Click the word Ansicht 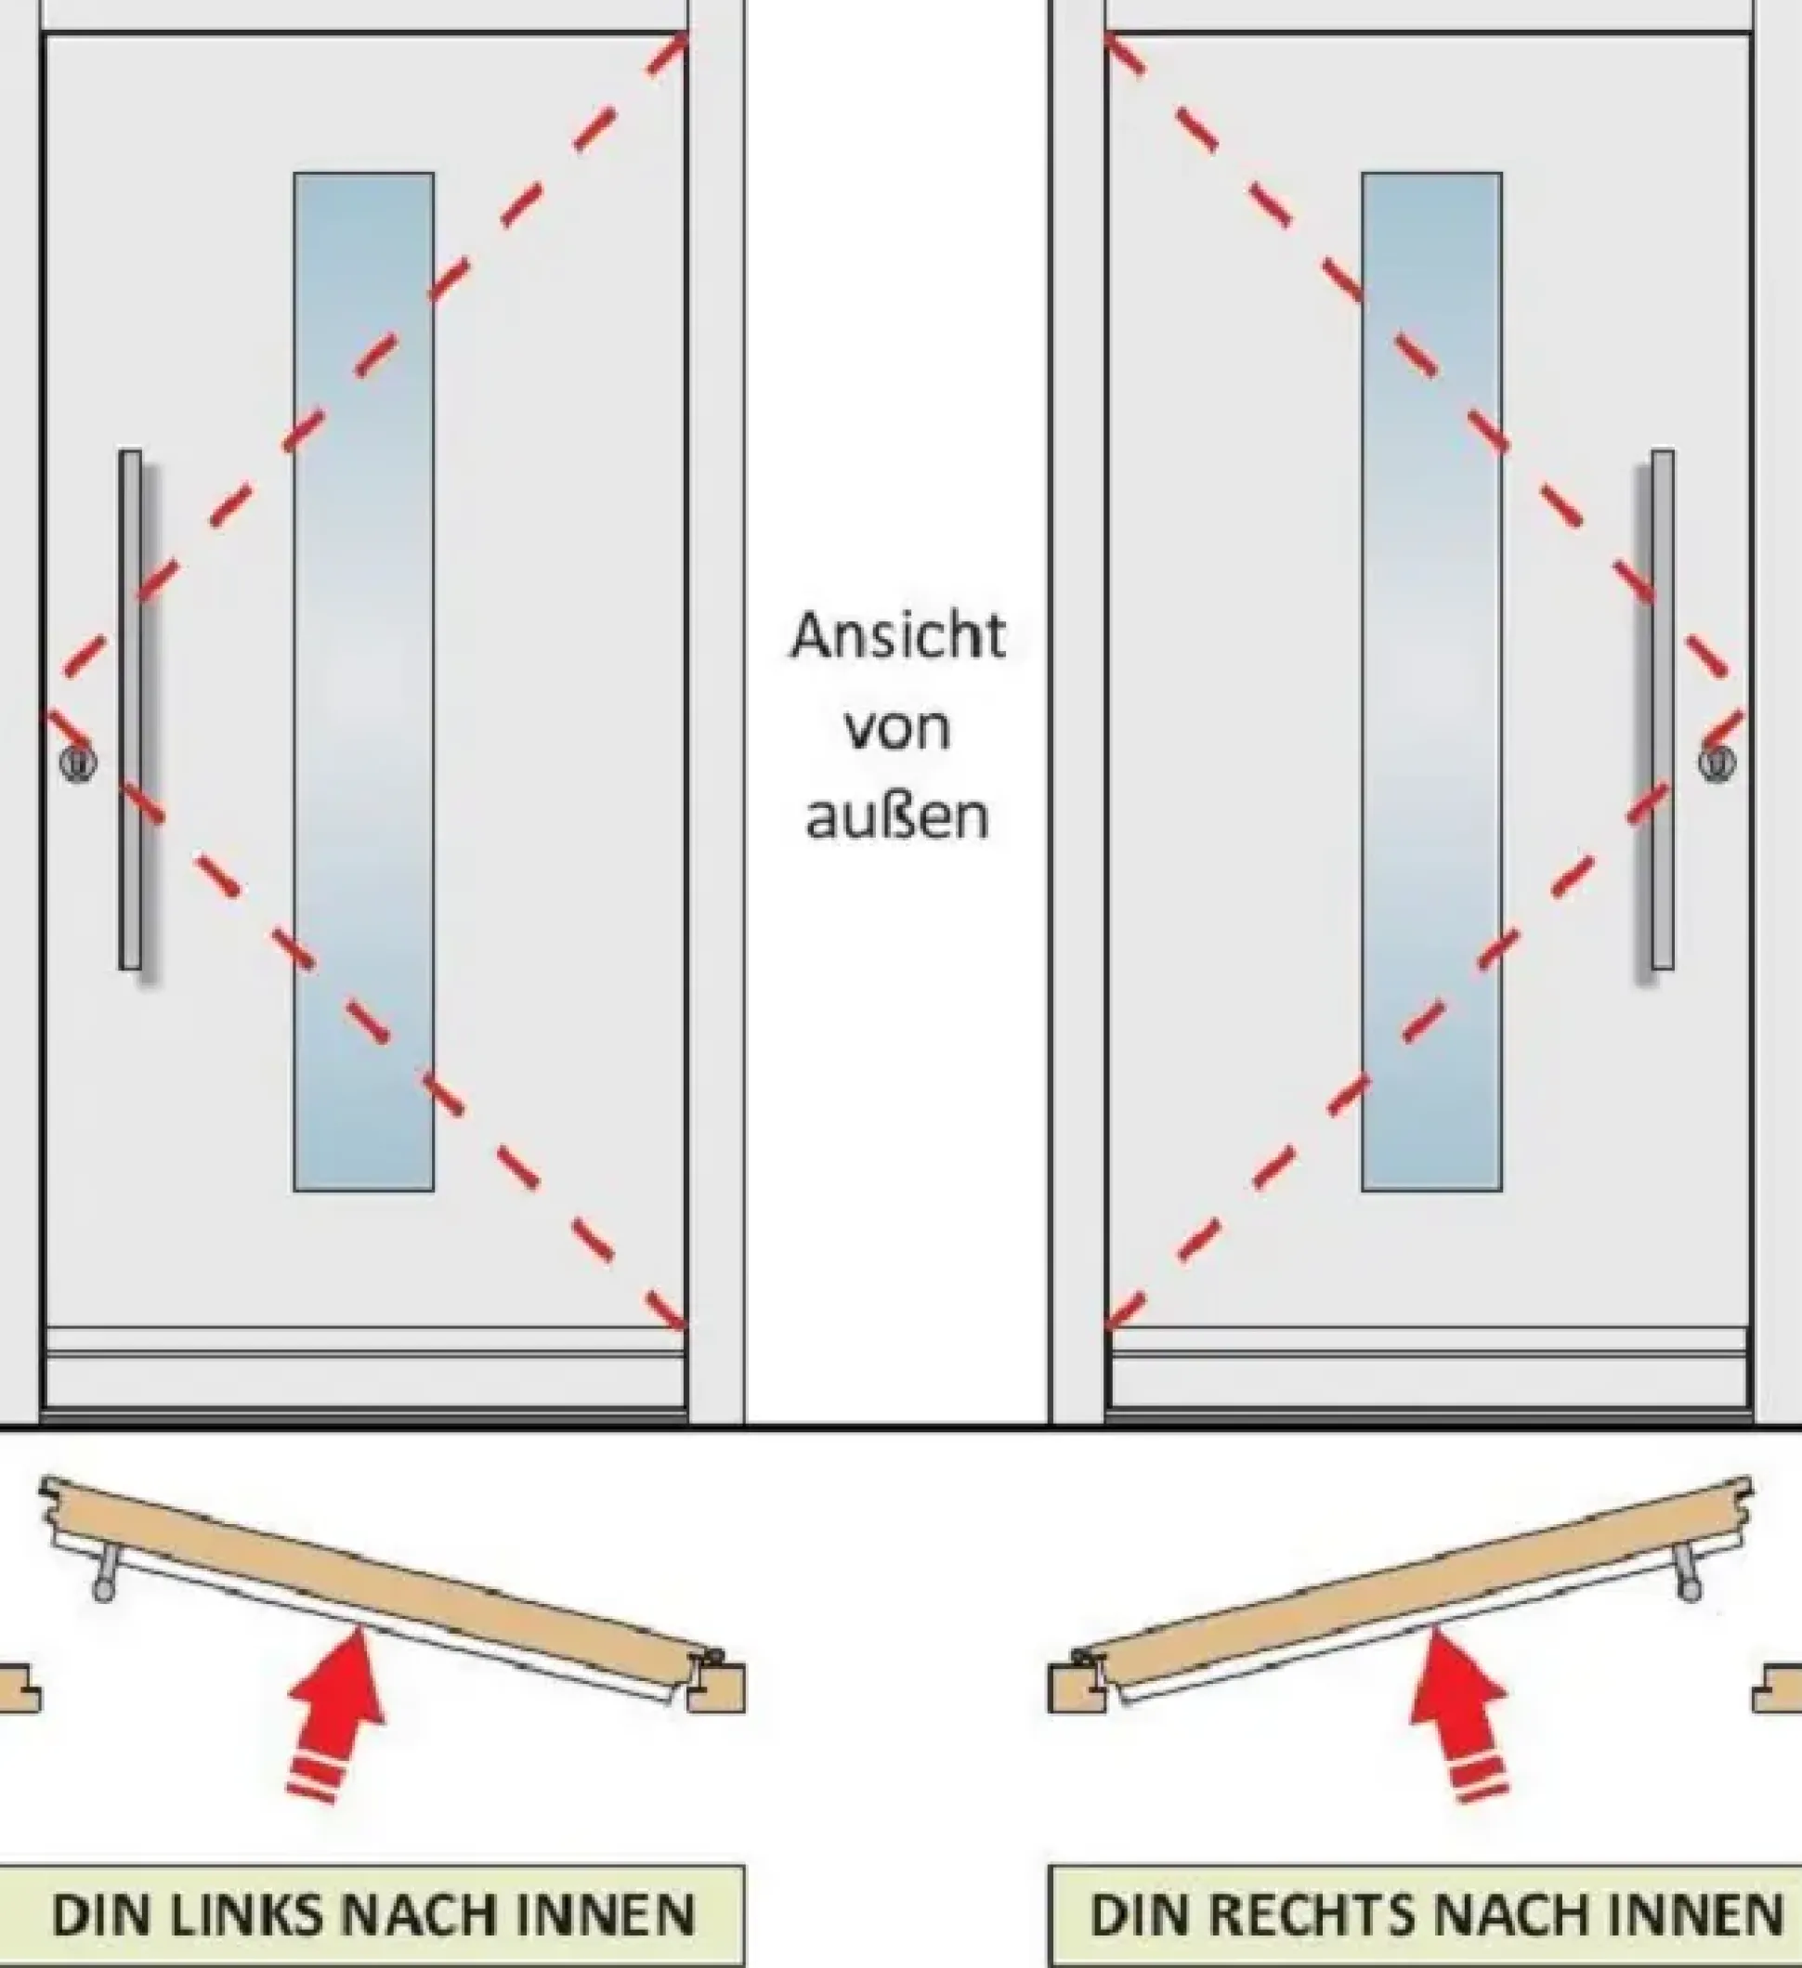[x=897, y=637]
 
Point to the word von [x=897, y=730]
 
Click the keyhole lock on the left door [x=78, y=762]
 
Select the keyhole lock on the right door [x=1717, y=762]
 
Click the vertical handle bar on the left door [x=131, y=710]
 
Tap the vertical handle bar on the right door [x=1663, y=710]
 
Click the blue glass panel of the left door [x=364, y=683]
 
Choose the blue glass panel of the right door [x=1432, y=683]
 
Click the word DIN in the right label [x=1132, y=1915]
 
